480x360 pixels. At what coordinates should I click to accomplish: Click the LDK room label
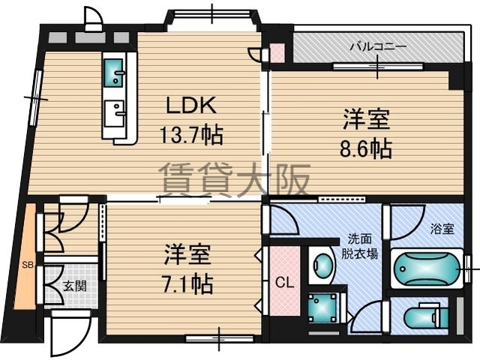[191, 105]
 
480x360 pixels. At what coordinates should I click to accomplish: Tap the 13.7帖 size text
[191, 135]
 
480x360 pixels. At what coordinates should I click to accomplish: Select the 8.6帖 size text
[366, 148]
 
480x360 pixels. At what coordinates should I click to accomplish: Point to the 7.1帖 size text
[187, 284]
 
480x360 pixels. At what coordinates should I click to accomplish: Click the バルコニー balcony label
[378, 46]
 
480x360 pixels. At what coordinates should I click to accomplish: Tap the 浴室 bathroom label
[442, 229]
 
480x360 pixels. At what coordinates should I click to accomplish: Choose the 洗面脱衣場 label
[360, 247]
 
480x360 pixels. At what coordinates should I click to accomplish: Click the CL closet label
[284, 283]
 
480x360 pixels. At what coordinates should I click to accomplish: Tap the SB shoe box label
[28, 265]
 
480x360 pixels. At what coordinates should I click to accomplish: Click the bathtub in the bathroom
[427, 268]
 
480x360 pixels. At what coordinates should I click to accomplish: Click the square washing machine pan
[322, 308]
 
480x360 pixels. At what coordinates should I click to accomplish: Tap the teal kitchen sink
[114, 73]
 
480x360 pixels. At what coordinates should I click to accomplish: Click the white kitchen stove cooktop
[114, 113]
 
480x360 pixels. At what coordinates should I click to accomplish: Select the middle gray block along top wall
[90, 37]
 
